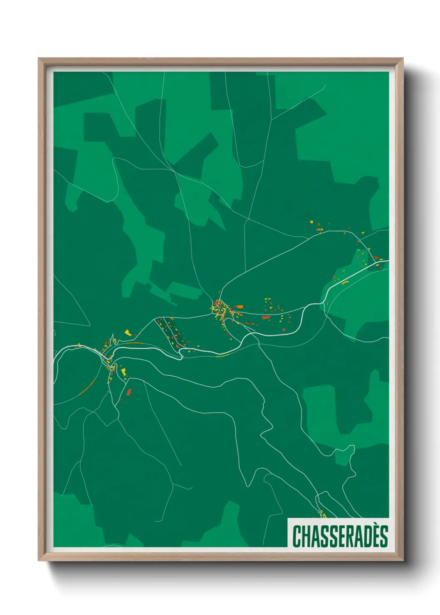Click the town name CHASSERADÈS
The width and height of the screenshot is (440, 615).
coord(340,536)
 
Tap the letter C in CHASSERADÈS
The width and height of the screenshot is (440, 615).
coord(297,536)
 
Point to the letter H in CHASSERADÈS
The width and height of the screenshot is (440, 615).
coord(307,536)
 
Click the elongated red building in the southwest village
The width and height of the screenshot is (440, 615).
coord(129,392)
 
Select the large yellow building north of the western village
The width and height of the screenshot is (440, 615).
coord(128,332)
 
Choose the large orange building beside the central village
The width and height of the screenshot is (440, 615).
coord(240,306)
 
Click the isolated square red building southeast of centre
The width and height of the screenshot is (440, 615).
coord(284,330)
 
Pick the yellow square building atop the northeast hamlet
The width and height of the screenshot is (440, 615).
coord(311,222)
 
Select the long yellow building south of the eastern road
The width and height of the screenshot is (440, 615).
coord(345,282)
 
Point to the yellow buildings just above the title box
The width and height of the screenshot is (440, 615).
coord(322,515)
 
